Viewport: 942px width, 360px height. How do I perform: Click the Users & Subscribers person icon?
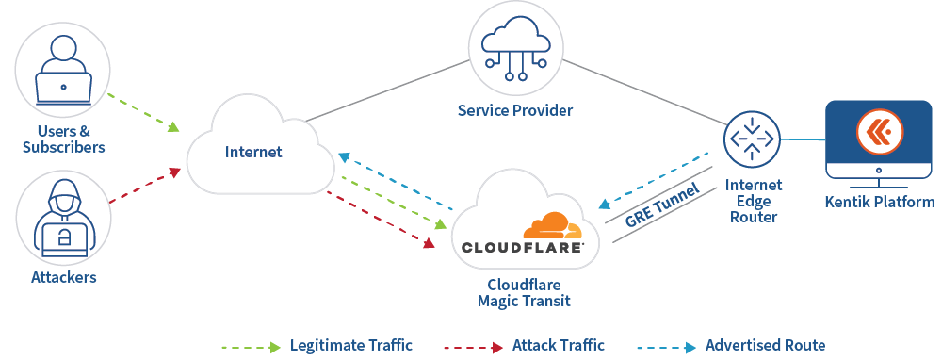click(x=63, y=70)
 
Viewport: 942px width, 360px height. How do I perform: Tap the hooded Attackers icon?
click(x=63, y=218)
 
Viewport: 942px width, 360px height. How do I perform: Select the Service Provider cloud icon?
click(x=515, y=47)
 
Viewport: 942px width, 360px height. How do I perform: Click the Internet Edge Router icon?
click(x=752, y=139)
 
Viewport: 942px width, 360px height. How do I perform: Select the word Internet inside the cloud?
click(x=253, y=152)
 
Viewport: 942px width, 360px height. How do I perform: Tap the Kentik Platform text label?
click(x=880, y=202)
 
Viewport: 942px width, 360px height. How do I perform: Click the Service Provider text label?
click(x=515, y=110)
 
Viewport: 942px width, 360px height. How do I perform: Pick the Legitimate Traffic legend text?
click(x=350, y=346)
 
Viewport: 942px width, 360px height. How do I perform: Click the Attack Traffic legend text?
click(x=559, y=346)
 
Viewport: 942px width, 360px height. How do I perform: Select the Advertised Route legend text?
click(x=765, y=346)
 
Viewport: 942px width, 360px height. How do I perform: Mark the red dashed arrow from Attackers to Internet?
click(x=143, y=187)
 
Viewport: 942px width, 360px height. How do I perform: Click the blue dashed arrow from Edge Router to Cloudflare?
click(x=654, y=178)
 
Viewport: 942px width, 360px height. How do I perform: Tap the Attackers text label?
click(x=63, y=277)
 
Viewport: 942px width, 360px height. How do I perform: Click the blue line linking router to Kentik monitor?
click(x=802, y=140)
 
